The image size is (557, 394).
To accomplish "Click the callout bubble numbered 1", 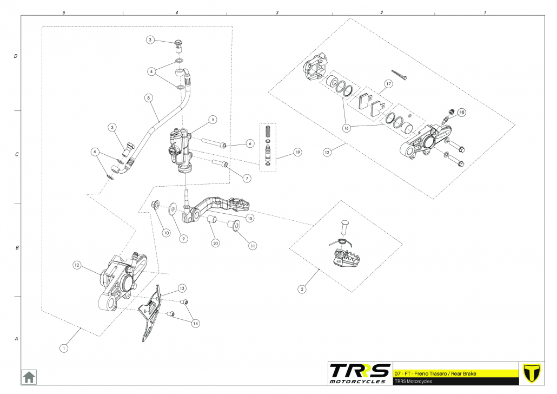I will tap(64, 348).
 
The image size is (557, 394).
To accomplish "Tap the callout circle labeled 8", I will tap(148, 98).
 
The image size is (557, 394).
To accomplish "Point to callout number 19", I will tap(297, 153).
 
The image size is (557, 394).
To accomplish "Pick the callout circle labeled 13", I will tap(182, 288).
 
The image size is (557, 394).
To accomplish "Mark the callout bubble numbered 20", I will tap(216, 243).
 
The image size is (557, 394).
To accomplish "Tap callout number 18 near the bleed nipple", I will tap(461, 113).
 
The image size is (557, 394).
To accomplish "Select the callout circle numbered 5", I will tap(213, 119).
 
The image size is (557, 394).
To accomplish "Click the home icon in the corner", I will tap(29, 376).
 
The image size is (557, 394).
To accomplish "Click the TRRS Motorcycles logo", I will tap(360, 373).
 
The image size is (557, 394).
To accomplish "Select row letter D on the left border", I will tap(16, 56).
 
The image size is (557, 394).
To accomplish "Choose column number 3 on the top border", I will tap(277, 12).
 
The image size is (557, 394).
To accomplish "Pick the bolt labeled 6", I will tap(215, 143).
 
